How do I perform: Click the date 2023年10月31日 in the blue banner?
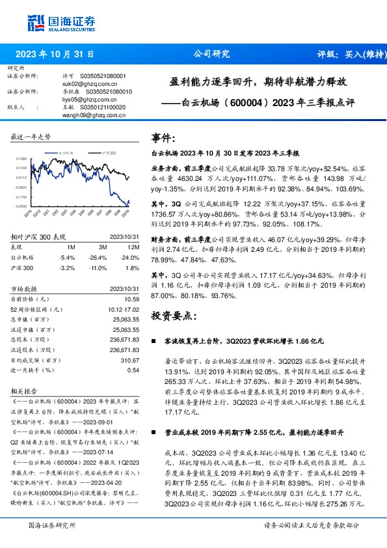click(55, 55)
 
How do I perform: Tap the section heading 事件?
click(163, 139)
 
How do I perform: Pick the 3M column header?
click(103, 248)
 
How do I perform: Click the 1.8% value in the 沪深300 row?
click(134, 267)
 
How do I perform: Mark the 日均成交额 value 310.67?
click(131, 360)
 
